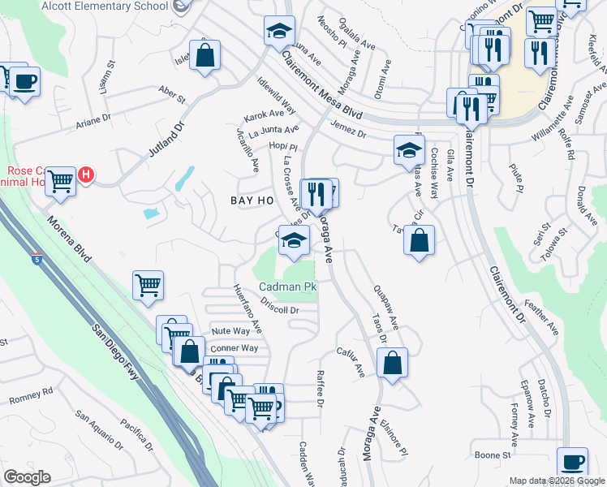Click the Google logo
(27, 477)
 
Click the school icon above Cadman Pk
(295, 239)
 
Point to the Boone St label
(493, 455)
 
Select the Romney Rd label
(31, 396)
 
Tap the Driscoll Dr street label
(281, 309)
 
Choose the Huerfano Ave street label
(247, 308)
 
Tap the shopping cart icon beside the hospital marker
(60, 181)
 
